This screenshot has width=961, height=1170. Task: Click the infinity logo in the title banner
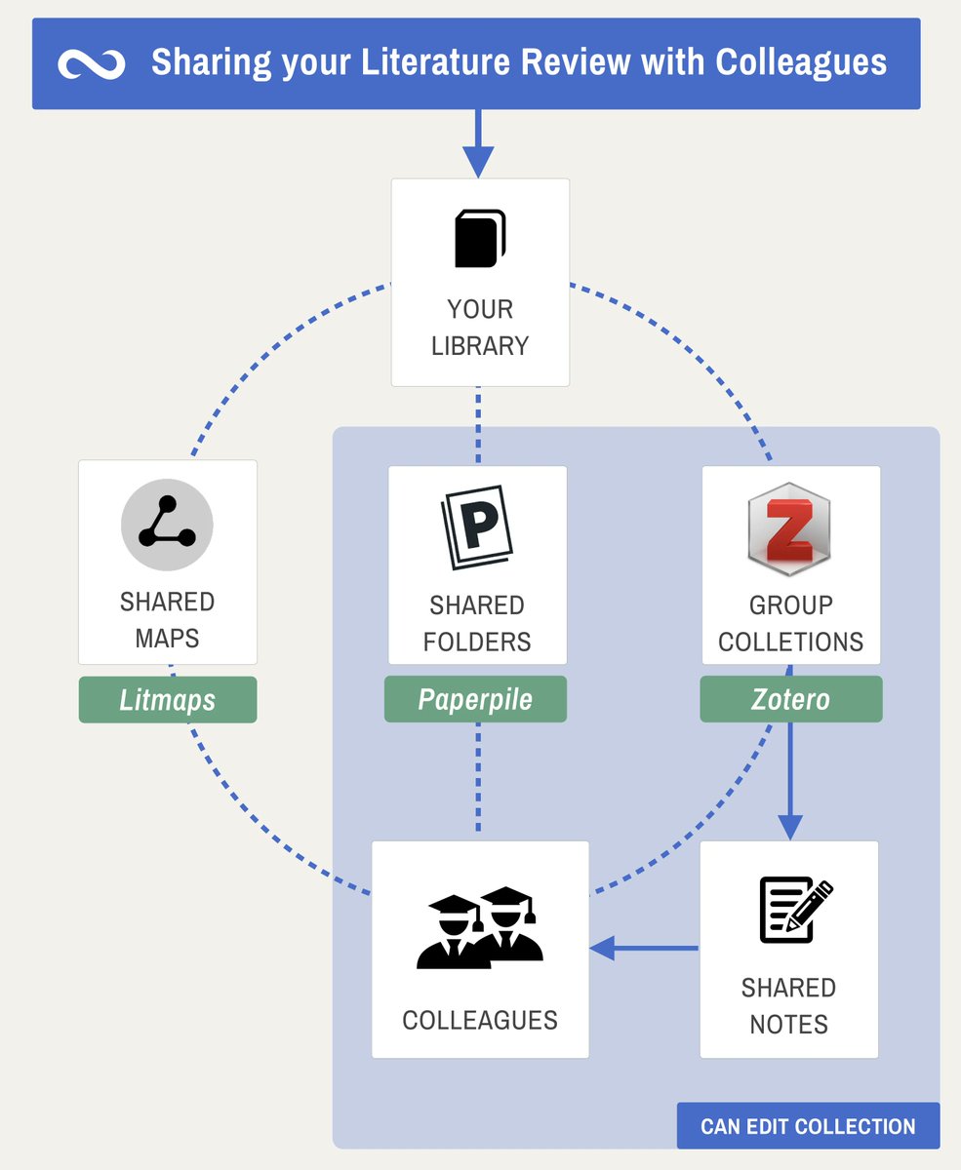[x=92, y=64]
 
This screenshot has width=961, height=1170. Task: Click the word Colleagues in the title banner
[x=801, y=62]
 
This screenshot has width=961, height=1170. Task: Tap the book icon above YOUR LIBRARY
[x=480, y=238]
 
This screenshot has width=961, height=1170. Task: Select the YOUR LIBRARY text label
[x=480, y=328]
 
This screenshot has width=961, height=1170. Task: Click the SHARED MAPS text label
[x=167, y=620]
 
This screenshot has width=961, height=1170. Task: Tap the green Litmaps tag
[x=168, y=700]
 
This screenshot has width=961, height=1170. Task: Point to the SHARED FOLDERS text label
[x=478, y=623]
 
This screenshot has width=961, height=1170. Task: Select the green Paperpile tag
[x=475, y=700]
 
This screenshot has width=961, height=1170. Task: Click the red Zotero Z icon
[x=789, y=529]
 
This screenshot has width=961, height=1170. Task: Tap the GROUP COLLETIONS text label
[x=790, y=623]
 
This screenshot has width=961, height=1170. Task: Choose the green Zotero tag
[x=790, y=700]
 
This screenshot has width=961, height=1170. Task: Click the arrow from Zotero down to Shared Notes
[x=790, y=780]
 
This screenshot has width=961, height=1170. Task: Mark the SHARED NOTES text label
[x=788, y=1006]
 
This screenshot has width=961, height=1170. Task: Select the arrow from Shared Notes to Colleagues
[x=644, y=947]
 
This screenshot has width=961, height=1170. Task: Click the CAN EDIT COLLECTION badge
[x=808, y=1126]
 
